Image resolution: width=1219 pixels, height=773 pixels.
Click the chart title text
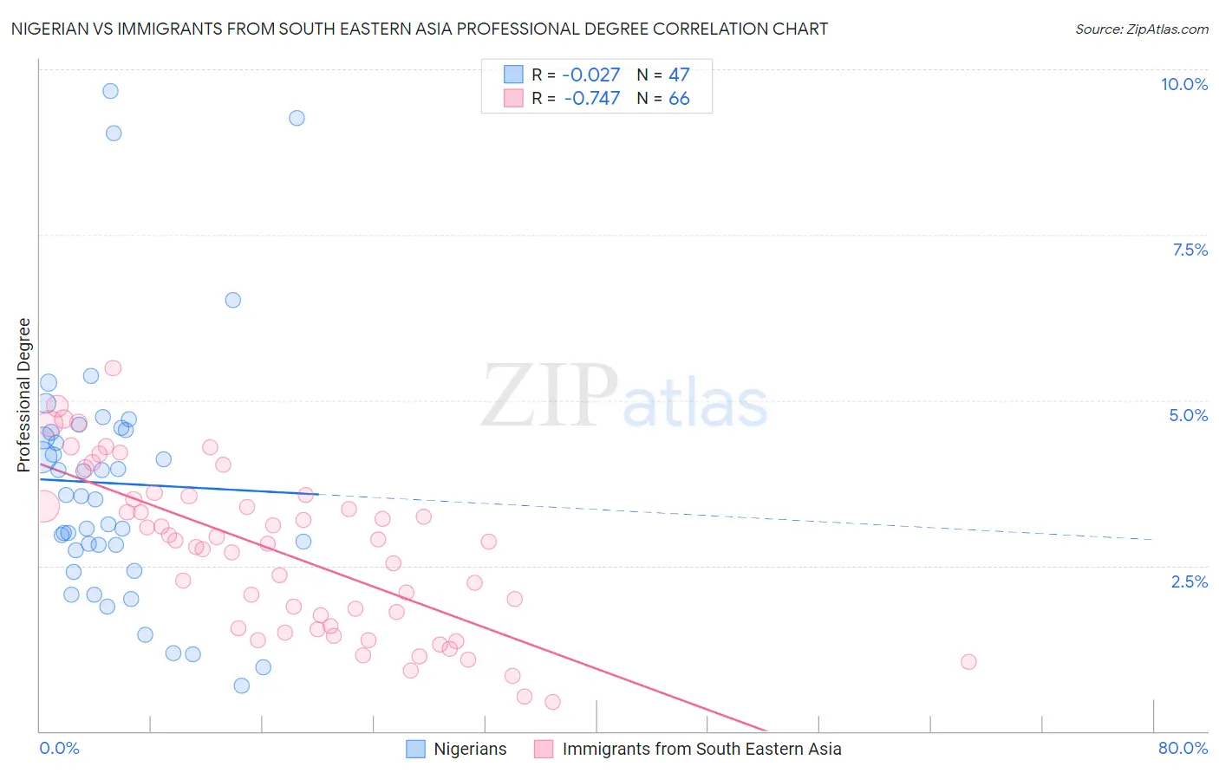click(x=419, y=29)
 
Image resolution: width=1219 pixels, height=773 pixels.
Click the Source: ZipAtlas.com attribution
click(x=1141, y=29)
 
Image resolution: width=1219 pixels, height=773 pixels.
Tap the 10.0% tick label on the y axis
click(x=1183, y=84)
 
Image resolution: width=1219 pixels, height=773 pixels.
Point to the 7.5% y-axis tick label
click(x=1190, y=250)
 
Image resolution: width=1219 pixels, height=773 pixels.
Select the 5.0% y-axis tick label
click(x=1188, y=415)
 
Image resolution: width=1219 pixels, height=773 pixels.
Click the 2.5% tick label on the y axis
click(x=1189, y=581)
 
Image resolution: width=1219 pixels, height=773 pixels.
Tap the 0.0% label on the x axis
click(x=59, y=748)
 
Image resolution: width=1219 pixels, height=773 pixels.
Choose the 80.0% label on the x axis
click(x=1183, y=748)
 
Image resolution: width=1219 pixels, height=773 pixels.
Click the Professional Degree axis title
click(x=23, y=395)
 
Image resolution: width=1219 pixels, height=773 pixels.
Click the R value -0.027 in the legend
click(x=591, y=75)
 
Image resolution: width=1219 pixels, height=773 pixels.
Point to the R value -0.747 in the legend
click(x=591, y=99)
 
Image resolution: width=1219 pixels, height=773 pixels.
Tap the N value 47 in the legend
click(x=679, y=75)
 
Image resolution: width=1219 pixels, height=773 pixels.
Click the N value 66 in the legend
click(x=679, y=99)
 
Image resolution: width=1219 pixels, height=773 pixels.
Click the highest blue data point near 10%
click(x=110, y=91)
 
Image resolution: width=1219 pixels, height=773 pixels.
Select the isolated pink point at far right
click(x=968, y=662)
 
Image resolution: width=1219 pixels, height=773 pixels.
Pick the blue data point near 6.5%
click(x=233, y=300)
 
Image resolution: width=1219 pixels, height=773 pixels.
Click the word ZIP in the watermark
click(x=550, y=396)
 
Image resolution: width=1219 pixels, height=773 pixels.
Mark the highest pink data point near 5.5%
click(x=113, y=368)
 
